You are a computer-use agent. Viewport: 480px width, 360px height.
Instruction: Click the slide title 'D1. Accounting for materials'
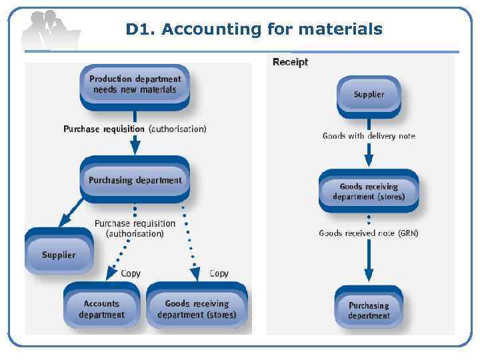[254, 29]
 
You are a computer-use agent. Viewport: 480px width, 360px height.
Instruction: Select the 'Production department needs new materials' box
[135, 85]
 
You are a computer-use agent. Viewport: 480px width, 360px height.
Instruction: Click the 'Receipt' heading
[291, 62]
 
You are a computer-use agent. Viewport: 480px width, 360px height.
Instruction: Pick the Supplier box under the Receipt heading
[369, 95]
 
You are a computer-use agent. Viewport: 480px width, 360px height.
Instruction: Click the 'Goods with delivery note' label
[369, 136]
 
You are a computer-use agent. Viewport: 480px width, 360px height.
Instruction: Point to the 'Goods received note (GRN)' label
[369, 233]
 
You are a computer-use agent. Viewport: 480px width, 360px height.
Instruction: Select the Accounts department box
[101, 309]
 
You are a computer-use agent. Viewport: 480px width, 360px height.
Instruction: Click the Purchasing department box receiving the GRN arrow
[369, 310]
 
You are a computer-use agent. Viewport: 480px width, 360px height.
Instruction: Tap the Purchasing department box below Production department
[135, 180]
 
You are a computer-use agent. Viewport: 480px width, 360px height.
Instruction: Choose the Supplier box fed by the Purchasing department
[59, 255]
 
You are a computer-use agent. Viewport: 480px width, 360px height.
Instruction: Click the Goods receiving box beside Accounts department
[197, 309]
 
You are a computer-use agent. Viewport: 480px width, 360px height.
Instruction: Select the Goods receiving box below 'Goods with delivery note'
[369, 192]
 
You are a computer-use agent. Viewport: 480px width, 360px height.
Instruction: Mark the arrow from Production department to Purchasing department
[135, 142]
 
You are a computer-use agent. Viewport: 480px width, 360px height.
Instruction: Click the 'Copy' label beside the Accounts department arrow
[131, 273]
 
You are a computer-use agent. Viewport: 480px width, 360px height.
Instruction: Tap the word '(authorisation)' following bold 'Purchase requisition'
[177, 129]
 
